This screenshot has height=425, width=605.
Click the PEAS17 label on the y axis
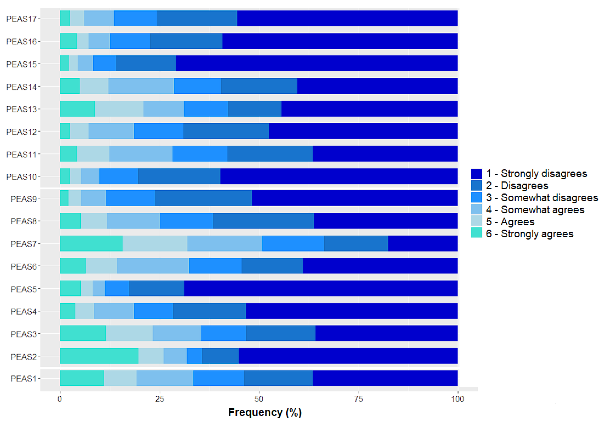pyautogui.click(x=22, y=19)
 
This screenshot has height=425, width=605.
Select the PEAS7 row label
pyautogui.click(x=24, y=244)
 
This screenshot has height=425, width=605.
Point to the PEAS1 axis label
pyautogui.click(x=24, y=378)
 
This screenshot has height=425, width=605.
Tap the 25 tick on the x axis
pyautogui.click(x=159, y=399)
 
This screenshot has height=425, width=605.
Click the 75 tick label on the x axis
pyautogui.click(x=359, y=399)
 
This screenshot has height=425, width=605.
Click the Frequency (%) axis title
pyautogui.click(x=265, y=412)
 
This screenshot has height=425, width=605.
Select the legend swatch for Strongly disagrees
pyautogui.click(x=476, y=174)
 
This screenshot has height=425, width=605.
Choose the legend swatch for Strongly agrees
pyautogui.click(x=476, y=233)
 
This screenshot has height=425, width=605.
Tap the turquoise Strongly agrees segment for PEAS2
pyautogui.click(x=99, y=356)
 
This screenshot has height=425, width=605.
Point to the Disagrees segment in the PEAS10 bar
pyautogui.click(x=179, y=176)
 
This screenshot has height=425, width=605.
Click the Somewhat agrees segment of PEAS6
pyautogui.click(x=153, y=266)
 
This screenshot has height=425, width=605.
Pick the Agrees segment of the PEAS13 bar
pyautogui.click(x=119, y=109)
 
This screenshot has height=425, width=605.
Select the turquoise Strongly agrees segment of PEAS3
pyautogui.click(x=83, y=333)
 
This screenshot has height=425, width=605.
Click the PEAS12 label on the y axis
pyautogui.click(x=22, y=132)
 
